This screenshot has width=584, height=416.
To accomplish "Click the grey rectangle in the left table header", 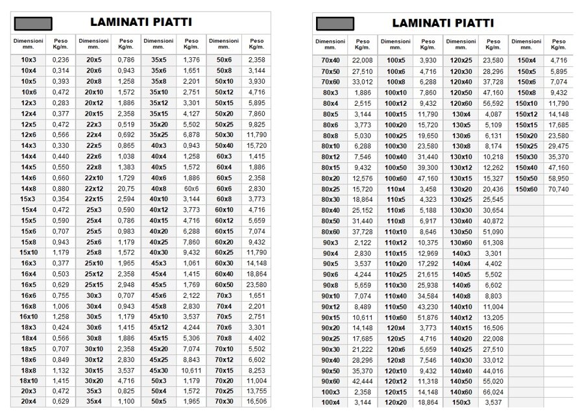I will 32,23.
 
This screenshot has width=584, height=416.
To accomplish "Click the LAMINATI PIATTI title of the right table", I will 443,23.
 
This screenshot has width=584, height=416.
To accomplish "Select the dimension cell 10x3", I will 29,60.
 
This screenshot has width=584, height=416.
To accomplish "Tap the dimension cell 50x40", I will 224,145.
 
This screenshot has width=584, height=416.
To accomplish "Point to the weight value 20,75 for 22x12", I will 126,188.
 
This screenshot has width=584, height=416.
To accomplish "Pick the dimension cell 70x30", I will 224,402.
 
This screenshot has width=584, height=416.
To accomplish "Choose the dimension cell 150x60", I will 526,188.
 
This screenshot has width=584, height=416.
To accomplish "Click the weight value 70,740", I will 558,188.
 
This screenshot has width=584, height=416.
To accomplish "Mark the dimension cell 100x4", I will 331,402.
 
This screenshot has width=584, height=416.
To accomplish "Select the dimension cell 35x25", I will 159,135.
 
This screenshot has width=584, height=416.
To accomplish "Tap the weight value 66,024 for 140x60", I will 493,391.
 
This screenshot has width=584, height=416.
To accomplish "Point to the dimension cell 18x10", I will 29,380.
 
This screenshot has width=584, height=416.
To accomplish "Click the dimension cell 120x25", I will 461,60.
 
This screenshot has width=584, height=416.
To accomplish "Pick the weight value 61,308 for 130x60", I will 493,242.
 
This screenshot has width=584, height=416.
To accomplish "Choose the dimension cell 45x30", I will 159,370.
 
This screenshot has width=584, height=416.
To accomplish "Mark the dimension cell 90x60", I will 331,380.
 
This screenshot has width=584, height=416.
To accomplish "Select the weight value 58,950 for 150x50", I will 558,178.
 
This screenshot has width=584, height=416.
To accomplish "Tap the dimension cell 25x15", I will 94,284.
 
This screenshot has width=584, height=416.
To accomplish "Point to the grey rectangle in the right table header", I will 335,23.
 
